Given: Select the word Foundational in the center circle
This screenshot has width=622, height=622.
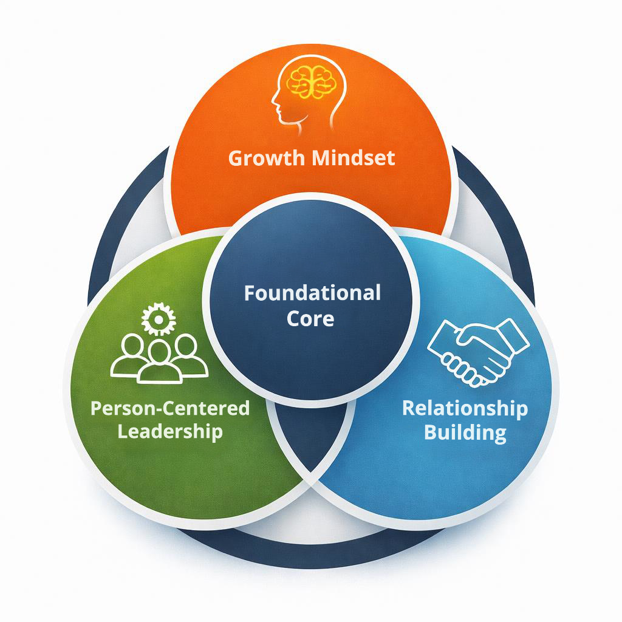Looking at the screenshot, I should (312, 293).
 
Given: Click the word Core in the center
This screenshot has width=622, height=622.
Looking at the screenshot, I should (310, 318).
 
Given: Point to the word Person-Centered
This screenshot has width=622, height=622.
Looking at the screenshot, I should (169, 408).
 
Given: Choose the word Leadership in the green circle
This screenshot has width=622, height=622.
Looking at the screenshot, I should (169, 432).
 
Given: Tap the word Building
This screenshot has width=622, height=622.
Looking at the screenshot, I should (465, 433).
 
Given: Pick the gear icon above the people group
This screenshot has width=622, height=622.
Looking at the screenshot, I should (158, 318).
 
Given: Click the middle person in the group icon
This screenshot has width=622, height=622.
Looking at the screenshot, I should (159, 361).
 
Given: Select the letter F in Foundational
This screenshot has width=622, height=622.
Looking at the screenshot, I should (249, 293).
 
